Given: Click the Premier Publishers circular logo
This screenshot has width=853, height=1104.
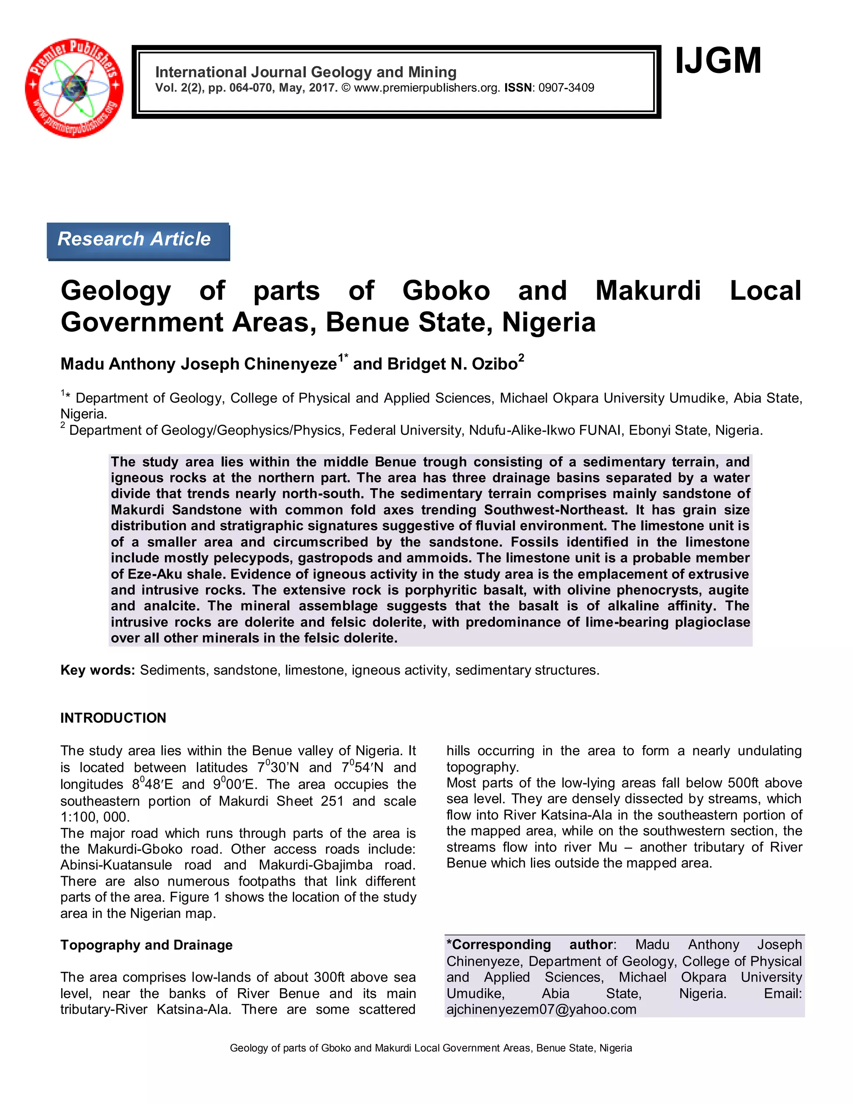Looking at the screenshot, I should tap(74, 87).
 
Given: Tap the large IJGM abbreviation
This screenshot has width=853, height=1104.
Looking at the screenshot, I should tap(718, 61).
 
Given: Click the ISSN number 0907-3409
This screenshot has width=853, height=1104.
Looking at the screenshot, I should tap(566, 88).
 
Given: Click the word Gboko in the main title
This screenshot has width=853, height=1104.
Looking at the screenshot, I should tap(446, 291).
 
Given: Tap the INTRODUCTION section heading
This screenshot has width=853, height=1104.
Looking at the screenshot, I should tap(113, 718).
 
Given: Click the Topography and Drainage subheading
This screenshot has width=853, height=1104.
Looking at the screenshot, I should tap(147, 945).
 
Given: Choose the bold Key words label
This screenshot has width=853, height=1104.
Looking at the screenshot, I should tap(97, 670).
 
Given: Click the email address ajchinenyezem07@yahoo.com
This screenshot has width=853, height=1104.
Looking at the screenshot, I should tap(541, 1009).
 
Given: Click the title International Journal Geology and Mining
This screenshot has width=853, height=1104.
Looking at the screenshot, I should tap(306, 72).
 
